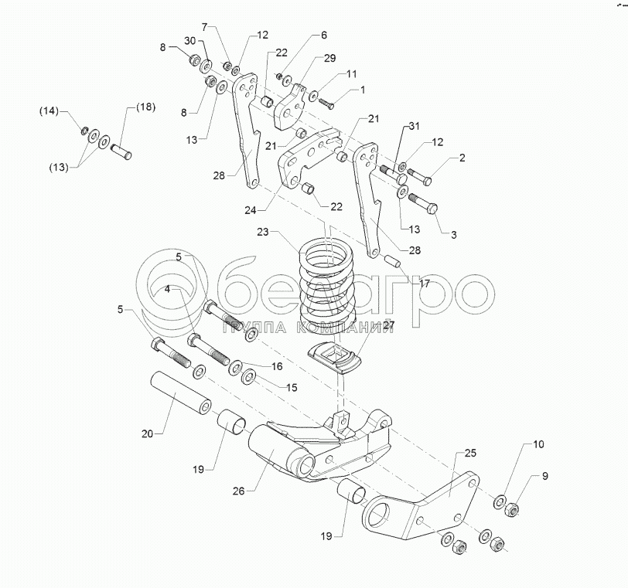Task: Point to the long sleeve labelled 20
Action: tap(181, 392)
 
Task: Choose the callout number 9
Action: tap(544, 476)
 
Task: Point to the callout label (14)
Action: tap(49, 112)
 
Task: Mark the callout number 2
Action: tap(462, 158)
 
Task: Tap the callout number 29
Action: tap(330, 59)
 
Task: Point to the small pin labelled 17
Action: tap(391, 259)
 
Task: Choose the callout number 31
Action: tap(415, 127)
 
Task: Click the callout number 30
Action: tap(189, 40)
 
